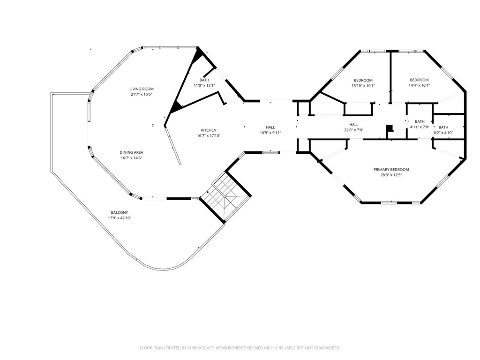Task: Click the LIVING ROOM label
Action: [x=142, y=89]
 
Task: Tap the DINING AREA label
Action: [x=131, y=152]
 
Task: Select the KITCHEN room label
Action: [x=209, y=130]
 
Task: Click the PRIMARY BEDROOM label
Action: [x=391, y=170]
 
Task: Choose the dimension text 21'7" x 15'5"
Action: [x=142, y=95]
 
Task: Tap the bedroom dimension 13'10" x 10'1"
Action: [x=363, y=86]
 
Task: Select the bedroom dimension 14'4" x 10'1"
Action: [x=419, y=85]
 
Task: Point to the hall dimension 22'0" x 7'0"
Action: [x=353, y=130]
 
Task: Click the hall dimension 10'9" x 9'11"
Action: [x=270, y=133]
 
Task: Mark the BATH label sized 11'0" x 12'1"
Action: [x=204, y=80]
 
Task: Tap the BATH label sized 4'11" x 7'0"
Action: [x=420, y=121]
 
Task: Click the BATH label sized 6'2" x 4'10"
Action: [x=443, y=127]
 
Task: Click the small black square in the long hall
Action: [x=389, y=127]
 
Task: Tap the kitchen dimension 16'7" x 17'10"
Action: [x=209, y=136]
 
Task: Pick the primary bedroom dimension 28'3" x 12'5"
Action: [x=391, y=175]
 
